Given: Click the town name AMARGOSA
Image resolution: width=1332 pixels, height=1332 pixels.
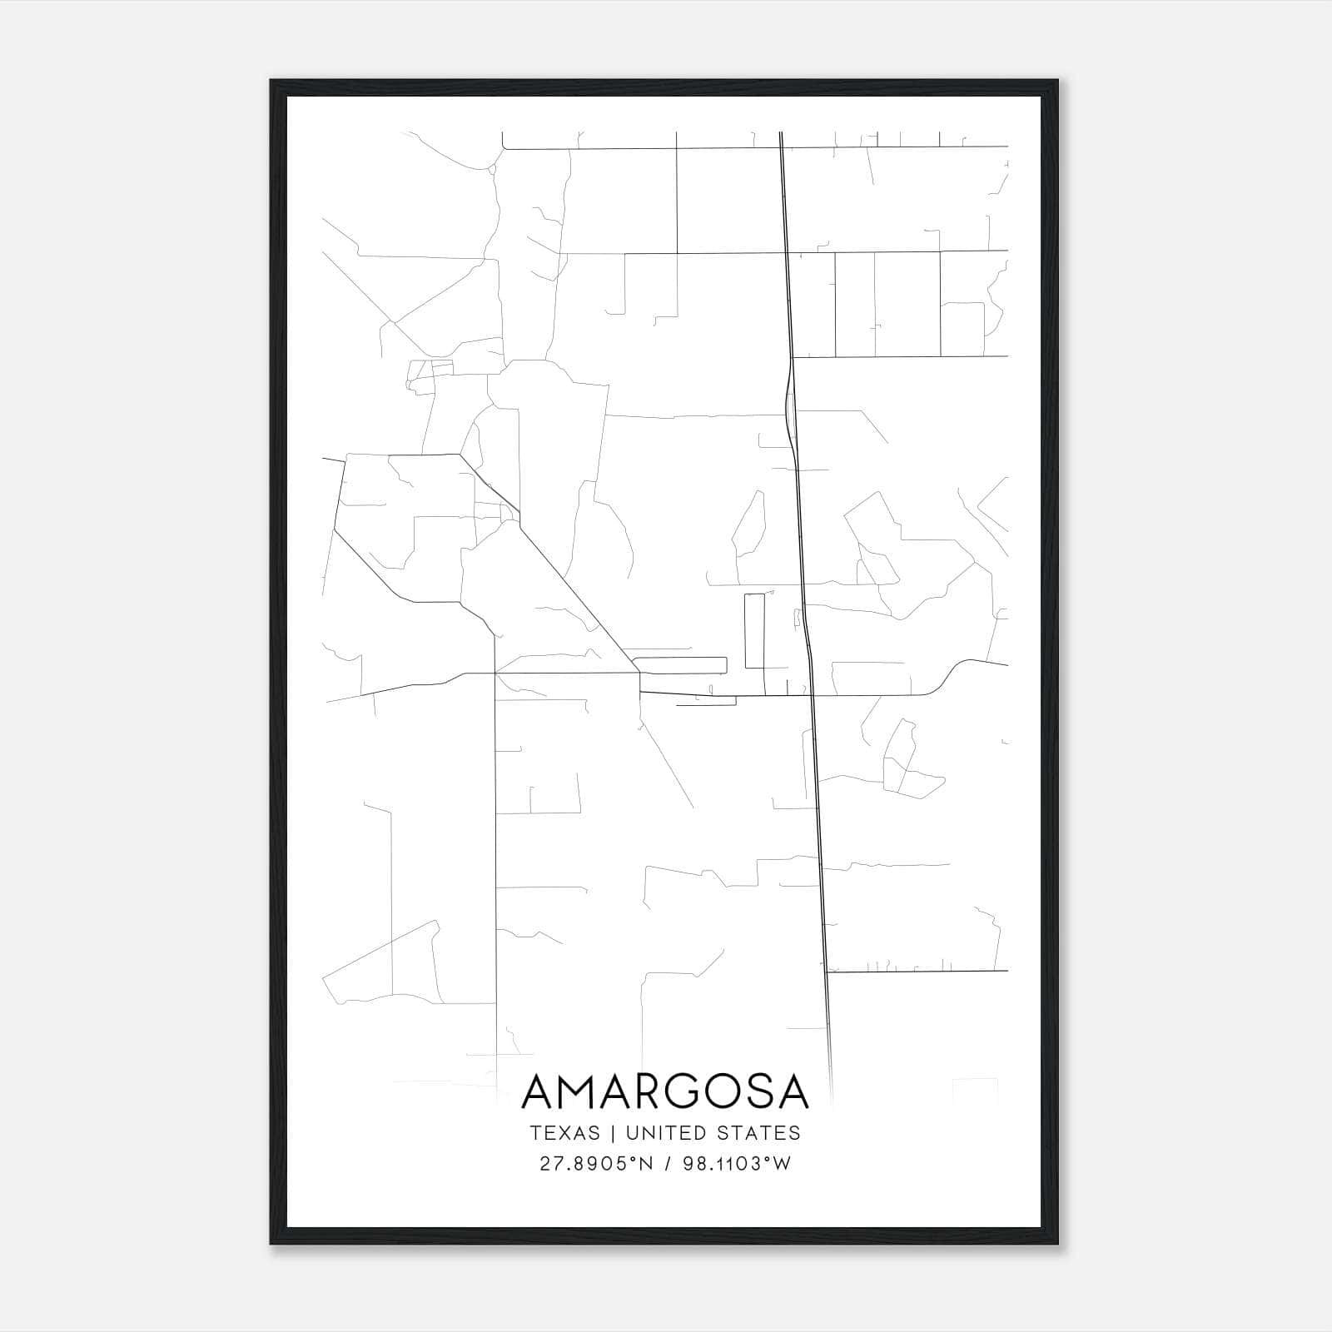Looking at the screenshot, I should coord(665,1091).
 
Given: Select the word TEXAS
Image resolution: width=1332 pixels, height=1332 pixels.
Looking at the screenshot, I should coord(564,1133).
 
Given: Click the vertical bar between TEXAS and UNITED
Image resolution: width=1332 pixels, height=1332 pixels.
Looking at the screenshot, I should coord(612,1133).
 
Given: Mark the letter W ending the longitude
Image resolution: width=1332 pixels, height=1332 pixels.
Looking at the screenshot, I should coord(782,1164).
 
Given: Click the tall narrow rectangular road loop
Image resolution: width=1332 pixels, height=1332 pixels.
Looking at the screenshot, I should coord(754,630).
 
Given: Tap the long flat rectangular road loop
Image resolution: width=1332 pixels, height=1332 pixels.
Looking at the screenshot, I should coord(680,665).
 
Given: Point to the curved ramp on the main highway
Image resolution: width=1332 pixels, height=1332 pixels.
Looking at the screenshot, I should coord(787,400).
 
